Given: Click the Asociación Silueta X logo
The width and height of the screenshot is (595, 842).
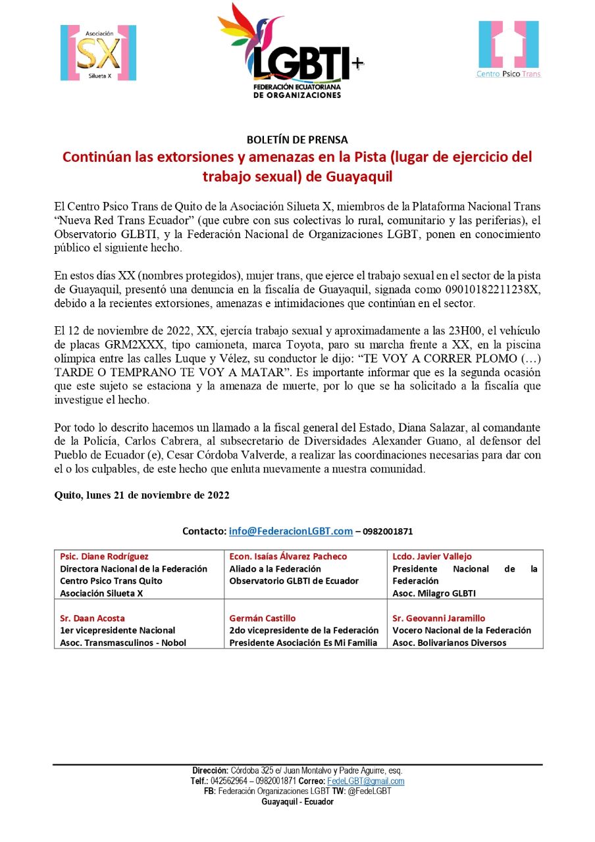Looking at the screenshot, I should pyautogui.click(x=99, y=53).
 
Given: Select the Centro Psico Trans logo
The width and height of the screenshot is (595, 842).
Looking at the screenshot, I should pyautogui.click(x=509, y=49).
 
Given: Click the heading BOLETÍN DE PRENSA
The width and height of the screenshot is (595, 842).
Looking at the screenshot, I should pyautogui.click(x=297, y=139).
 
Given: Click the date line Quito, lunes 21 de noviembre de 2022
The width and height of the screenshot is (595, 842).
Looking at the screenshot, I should pyautogui.click(x=142, y=495).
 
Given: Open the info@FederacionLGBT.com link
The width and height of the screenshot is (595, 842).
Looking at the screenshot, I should pyautogui.click(x=291, y=531).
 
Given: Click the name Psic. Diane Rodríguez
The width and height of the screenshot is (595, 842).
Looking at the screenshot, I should pyautogui.click(x=104, y=557).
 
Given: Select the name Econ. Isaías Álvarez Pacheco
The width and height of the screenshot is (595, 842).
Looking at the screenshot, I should pyautogui.click(x=288, y=557).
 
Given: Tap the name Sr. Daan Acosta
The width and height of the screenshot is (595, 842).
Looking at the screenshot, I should pyautogui.click(x=92, y=618).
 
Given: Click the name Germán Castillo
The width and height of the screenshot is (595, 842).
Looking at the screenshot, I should pyautogui.click(x=262, y=618).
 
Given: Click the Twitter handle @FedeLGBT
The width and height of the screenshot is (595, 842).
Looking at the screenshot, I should pyautogui.click(x=370, y=791).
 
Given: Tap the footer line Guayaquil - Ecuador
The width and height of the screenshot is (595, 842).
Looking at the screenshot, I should pyautogui.click(x=297, y=802).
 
